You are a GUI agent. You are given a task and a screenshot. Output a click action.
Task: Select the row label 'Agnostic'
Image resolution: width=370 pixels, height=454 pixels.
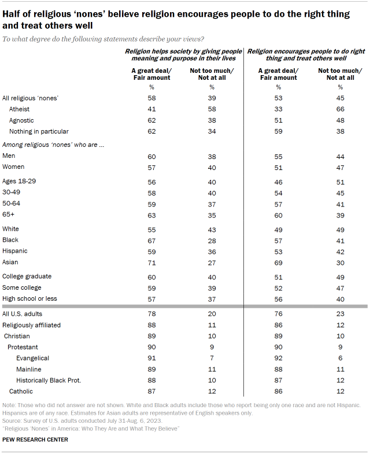(x=21, y=120)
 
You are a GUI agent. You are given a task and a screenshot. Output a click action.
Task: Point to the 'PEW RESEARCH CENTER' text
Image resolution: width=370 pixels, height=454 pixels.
(x=35, y=440)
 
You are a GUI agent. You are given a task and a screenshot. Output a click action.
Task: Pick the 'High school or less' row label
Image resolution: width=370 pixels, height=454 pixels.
(x=31, y=298)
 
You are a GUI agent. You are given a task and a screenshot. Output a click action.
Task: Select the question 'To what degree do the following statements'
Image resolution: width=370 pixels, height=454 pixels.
(x=103, y=38)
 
